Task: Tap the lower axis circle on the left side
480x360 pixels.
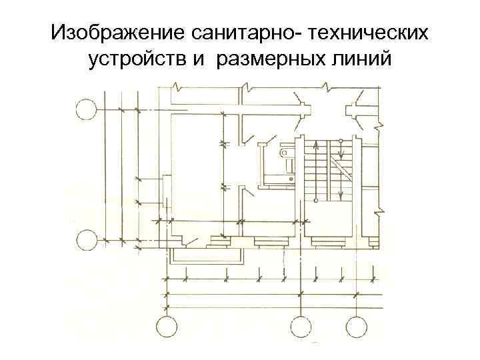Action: tap(86, 239)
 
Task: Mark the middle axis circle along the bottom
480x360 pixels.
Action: tap(301, 327)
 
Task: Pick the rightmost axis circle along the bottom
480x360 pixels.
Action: tap(355, 327)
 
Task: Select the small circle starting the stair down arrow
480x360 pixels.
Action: tap(341, 141)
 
